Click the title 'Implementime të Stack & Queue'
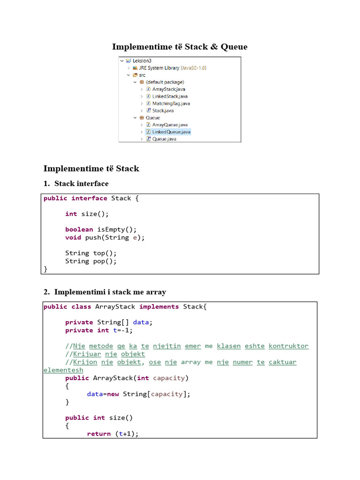point(180,46)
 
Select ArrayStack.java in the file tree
point(168,89)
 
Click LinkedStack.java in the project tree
point(170,96)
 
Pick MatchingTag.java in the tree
point(171,104)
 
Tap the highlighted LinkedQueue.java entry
point(171,132)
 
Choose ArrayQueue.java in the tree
point(170,125)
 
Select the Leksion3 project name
point(142,60)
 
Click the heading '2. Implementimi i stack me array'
point(110,292)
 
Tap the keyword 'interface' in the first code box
point(89,198)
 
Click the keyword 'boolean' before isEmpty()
point(79,230)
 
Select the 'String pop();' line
point(91,261)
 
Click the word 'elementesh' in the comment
point(63,370)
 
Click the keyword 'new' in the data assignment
point(113,394)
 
